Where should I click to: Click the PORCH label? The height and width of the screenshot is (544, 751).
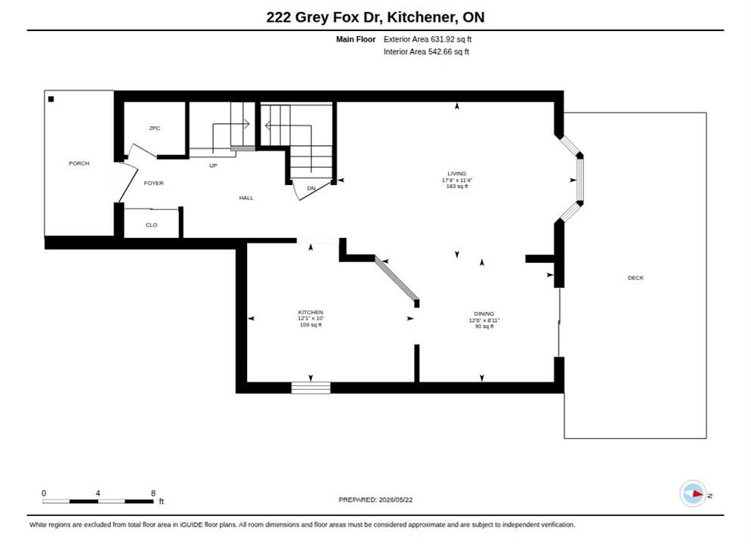pos(79,163)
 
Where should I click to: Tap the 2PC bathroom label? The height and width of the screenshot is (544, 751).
pos(154,128)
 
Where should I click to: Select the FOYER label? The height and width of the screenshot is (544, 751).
pos(153,183)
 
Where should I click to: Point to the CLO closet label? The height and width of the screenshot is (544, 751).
pos(151,225)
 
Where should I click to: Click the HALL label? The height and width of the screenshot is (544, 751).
pos(246,198)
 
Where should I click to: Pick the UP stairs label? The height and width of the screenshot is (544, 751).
pos(213,165)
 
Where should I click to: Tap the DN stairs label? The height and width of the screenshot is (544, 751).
pos(311,188)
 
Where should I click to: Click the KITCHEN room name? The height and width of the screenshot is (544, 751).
pos(311,312)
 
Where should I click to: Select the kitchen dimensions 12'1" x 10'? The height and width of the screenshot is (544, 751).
pos(311,318)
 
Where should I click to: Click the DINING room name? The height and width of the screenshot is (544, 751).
pos(484,314)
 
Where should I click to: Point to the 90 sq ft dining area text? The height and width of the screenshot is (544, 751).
pos(484,326)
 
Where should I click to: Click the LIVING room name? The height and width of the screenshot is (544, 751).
pos(457,173)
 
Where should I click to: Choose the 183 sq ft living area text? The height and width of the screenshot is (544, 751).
pos(457,186)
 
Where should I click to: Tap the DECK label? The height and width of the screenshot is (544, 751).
pos(635,278)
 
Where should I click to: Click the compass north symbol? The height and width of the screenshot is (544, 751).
pos(693,493)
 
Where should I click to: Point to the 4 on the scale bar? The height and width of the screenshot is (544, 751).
pos(97,493)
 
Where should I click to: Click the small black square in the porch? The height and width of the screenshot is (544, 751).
pos(51,99)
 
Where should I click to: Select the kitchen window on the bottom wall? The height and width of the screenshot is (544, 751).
pos(311,388)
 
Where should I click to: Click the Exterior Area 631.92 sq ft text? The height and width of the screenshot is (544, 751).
pos(427,39)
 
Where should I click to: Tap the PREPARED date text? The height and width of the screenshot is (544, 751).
pos(375,499)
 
